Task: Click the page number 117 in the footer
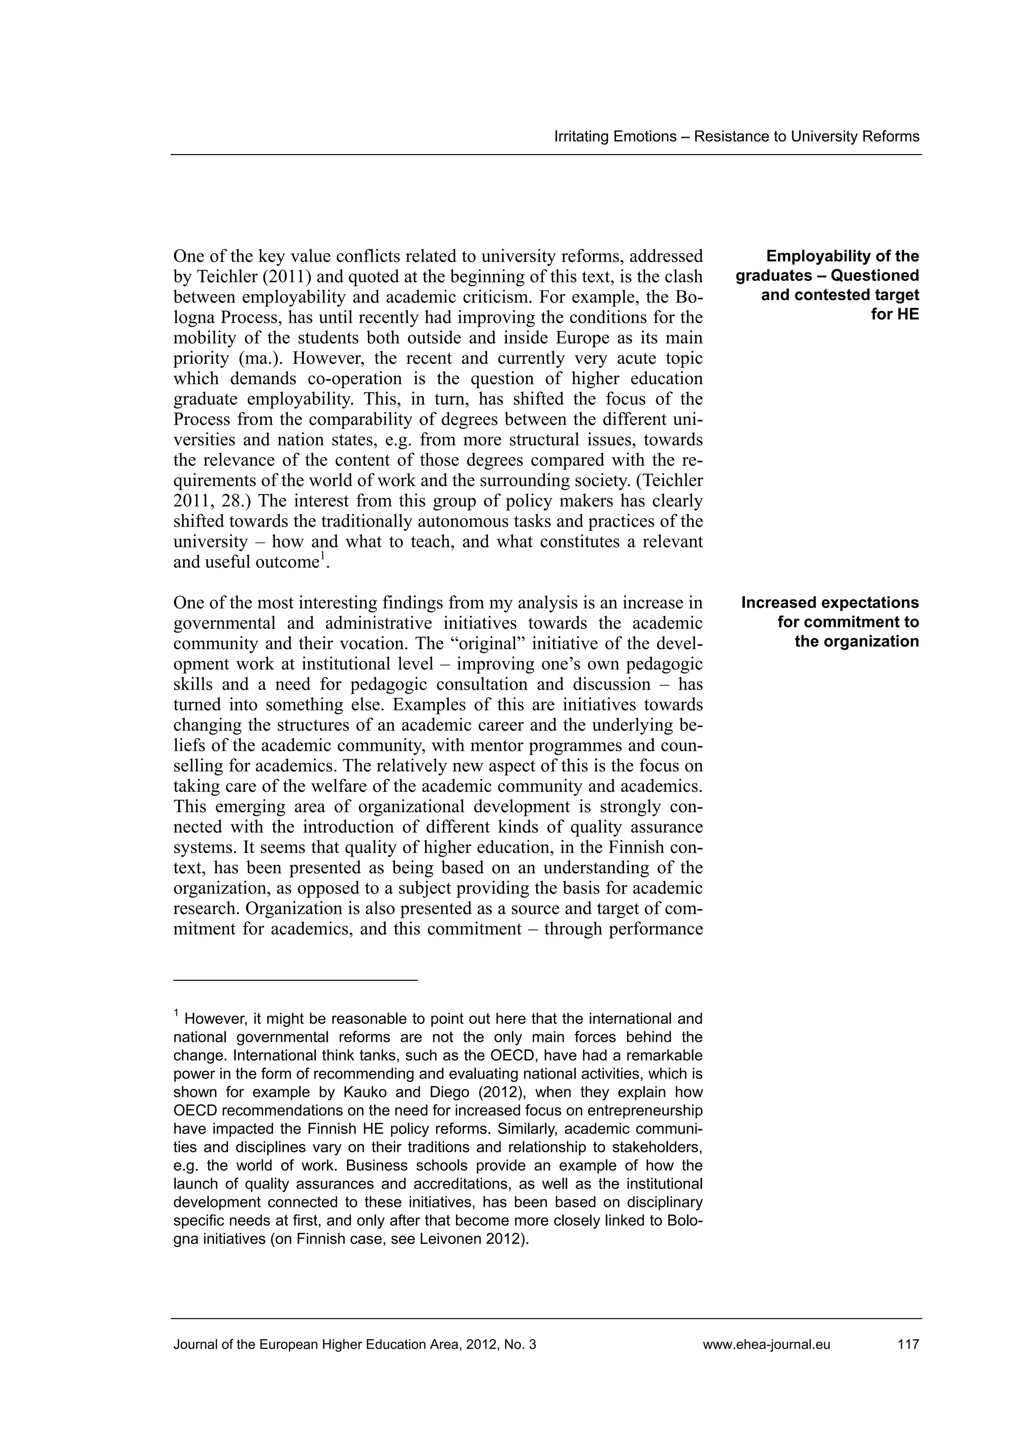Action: coord(908,1344)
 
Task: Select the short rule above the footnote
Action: coord(295,980)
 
